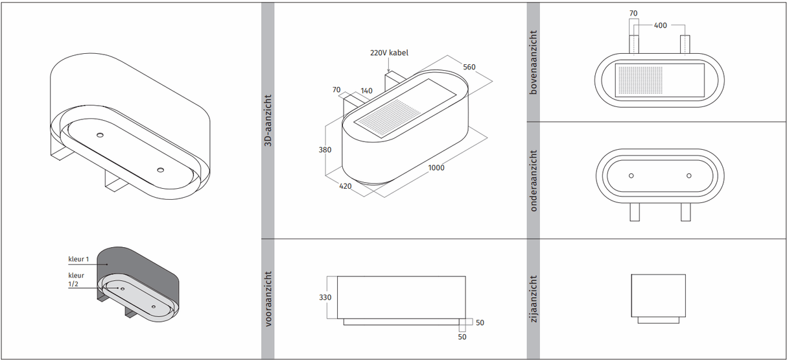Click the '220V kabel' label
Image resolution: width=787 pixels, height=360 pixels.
click(389, 53)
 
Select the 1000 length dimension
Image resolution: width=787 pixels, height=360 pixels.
click(436, 168)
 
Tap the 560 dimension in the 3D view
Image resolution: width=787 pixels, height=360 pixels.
click(469, 66)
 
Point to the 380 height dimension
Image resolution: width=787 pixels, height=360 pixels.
click(325, 150)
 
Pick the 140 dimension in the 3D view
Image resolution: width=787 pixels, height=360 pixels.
click(366, 91)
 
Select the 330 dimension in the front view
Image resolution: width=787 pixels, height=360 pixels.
click(325, 297)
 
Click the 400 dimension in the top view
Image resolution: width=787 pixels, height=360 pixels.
click(660, 25)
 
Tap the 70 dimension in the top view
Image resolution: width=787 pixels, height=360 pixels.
click(633, 12)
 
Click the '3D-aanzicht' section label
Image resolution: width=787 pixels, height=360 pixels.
click(268, 124)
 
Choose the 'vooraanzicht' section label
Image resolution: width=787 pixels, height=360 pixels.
click(268, 298)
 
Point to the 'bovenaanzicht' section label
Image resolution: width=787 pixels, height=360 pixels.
click(534, 62)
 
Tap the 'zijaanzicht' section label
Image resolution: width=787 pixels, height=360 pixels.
click(534, 298)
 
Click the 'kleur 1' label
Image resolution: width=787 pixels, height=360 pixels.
click(78, 259)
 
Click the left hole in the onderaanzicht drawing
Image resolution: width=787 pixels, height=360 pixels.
click(631, 176)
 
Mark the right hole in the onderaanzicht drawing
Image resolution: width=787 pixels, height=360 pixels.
click(688, 176)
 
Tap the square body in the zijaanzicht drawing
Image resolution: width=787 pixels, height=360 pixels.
click(659, 295)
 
